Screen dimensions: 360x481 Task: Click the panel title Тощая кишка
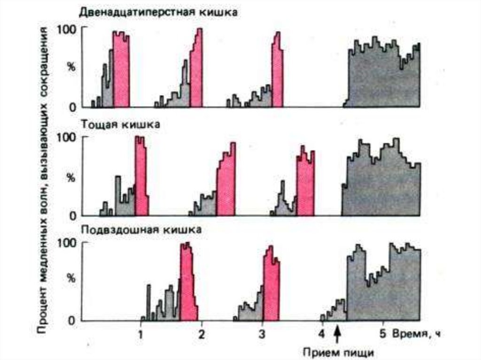pyautogui.click(x=121, y=124)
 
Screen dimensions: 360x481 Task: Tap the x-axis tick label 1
pyautogui.click(x=140, y=335)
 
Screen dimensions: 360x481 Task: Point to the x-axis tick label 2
pyautogui.click(x=202, y=335)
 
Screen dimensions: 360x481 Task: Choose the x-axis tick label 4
pyautogui.click(x=322, y=335)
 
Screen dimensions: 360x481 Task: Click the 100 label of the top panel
pyautogui.click(x=66, y=29)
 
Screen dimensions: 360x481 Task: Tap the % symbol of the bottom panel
pyautogui.click(x=71, y=278)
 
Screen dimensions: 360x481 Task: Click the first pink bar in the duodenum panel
pyautogui.click(x=121, y=70)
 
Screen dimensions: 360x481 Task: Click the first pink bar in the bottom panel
pyautogui.click(x=187, y=282)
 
